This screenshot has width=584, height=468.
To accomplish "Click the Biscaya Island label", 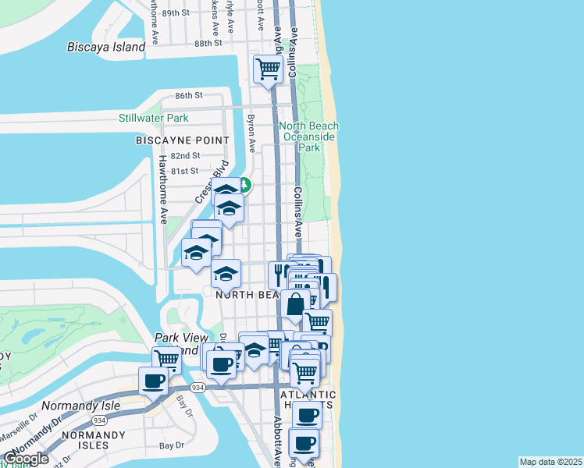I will pos(105,47).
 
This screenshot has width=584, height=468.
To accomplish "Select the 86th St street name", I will pos(189,95).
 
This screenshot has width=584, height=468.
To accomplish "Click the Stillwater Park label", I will pos(154,119).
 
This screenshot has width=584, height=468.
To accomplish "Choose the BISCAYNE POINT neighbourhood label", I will pos(183,140).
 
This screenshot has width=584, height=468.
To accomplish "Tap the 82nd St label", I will pos(185,156).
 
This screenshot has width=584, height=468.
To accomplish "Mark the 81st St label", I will pos(185,171).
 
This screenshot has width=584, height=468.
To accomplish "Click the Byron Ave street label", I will pos(251,134).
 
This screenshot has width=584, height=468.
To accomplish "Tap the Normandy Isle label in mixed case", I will pos(80,406).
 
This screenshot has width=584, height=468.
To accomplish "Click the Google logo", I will pos(26,459).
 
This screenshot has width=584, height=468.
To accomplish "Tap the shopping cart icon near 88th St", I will pos(269,69).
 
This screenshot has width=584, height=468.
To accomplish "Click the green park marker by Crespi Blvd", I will pos(244,185).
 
